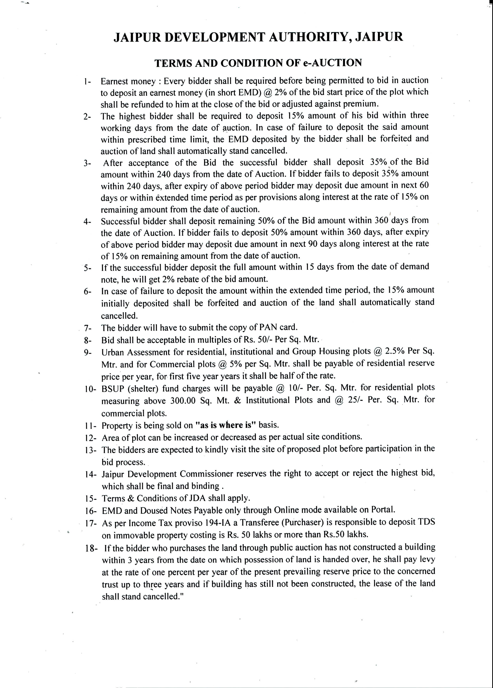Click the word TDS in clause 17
[x=427, y=522]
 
